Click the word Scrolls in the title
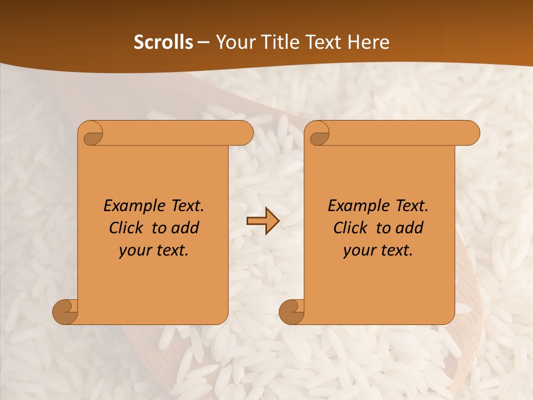163,42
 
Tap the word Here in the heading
369,42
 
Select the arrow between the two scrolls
263,221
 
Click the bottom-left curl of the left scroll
66,312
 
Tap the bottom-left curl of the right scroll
291,312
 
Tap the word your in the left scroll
134,251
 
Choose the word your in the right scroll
359,251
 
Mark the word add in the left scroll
185,228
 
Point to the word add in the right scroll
409,228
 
